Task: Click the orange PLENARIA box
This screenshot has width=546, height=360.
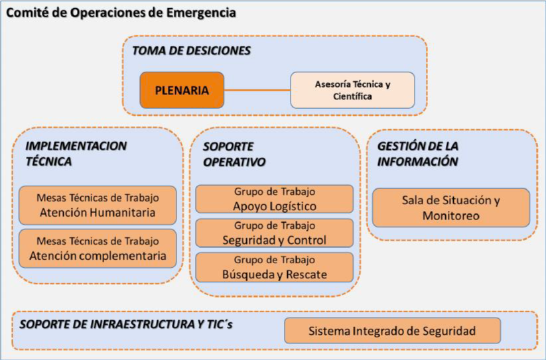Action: (x=182, y=90)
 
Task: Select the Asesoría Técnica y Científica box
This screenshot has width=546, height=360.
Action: (x=352, y=90)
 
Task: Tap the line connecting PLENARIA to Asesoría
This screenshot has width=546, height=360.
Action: (x=257, y=90)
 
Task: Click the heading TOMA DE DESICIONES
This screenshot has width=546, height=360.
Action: (x=191, y=51)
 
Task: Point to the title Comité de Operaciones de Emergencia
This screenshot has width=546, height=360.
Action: (x=121, y=13)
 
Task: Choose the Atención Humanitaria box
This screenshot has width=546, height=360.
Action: (x=98, y=206)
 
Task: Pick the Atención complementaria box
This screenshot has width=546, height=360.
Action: (x=98, y=249)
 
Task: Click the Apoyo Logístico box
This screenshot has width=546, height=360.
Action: (x=275, y=199)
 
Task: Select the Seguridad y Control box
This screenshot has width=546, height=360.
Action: (x=275, y=233)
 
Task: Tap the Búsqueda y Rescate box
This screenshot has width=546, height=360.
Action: (x=275, y=267)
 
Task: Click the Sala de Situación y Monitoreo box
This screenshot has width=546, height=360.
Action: (x=451, y=208)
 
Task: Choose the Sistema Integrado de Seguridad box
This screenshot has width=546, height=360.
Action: (x=393, y=330)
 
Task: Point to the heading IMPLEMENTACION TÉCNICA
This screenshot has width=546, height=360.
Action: (x=76, y=153)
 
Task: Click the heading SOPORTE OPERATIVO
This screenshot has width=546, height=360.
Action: (x=234, y=154)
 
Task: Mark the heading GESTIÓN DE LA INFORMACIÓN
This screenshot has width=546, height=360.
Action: (x=417, y=153)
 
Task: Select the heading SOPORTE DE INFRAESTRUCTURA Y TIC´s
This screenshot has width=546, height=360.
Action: (x=125, y=324)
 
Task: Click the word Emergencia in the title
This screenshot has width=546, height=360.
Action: (x=201, y=13)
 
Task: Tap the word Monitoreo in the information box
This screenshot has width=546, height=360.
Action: (x=451, y=215)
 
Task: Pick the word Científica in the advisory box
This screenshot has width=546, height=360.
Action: (x=352, y=96)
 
